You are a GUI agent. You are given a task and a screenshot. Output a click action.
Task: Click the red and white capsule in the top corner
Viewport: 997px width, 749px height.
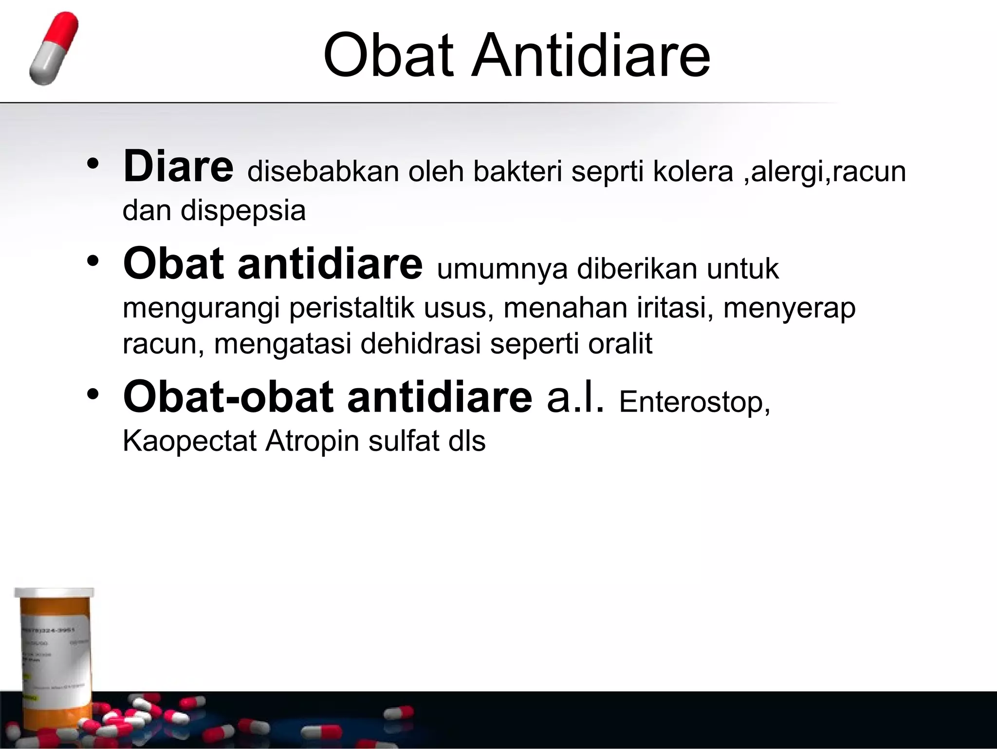tap(53, 49)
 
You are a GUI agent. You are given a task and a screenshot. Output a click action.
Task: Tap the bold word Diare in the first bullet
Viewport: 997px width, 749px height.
tap(178, 167)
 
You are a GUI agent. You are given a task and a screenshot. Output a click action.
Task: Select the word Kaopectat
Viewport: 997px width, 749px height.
tap(189, 441)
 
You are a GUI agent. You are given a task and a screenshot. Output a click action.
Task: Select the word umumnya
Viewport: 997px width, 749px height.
tap(502, 269)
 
